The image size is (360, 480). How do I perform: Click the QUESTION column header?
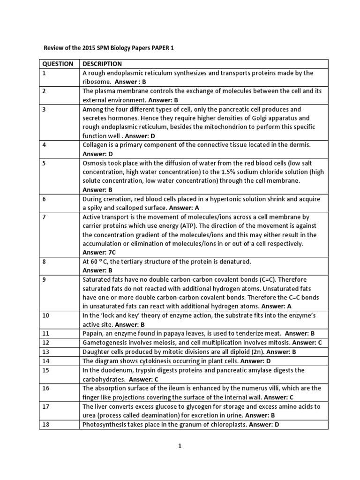[58, 64]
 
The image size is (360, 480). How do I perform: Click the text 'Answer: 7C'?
[100, 252]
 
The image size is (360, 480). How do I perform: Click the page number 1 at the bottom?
[180, 446]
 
